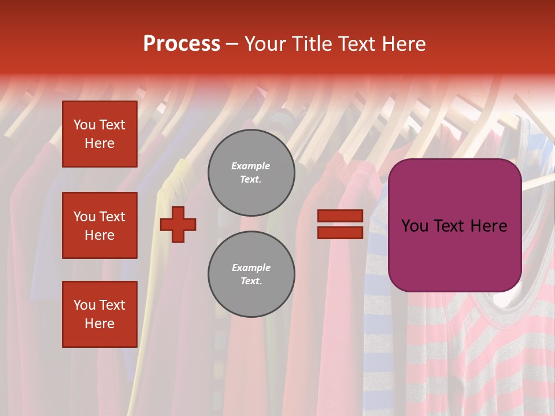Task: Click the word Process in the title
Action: (x=182, y=44)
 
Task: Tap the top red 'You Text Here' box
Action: (x=99, y=134)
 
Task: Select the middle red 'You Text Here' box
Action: (x=99, y=225)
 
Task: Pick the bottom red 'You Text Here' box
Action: (x=99, y=314)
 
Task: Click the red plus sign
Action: (x=178, y=224)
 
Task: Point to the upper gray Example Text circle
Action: (x=251, y=173)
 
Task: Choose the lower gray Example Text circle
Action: (x=251, y=274)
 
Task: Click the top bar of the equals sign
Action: (x=340, y=216)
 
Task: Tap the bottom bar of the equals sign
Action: (x=340, y=232)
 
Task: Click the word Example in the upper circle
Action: (x=251, y=166)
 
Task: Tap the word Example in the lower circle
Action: (x=251, y=268)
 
